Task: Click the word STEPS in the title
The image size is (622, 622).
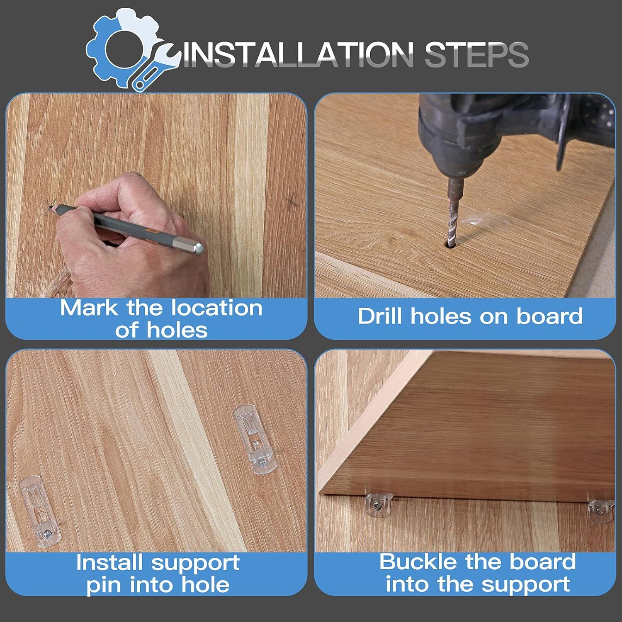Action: [476, 54]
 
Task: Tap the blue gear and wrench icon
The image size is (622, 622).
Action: [131, 50]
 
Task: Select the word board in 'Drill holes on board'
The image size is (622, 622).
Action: [549, 316]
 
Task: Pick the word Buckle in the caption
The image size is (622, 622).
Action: [419, 562]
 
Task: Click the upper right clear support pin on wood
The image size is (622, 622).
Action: [255, 439]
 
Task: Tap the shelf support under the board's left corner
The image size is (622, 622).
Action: [379, 504]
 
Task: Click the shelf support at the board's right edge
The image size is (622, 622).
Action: [601, 510]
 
